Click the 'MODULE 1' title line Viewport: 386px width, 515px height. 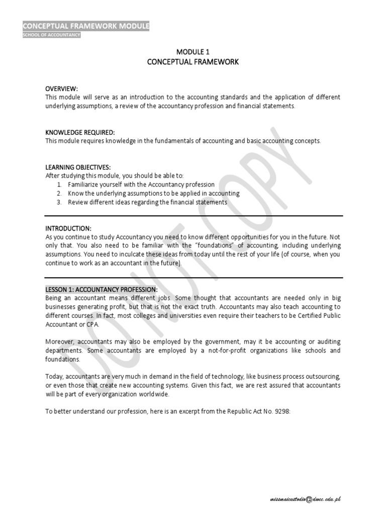coord(192,52)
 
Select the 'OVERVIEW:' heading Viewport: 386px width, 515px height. coord(62,89)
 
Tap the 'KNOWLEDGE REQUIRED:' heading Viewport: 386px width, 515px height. coord(80,132)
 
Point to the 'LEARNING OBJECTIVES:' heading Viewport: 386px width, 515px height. coord(78,167)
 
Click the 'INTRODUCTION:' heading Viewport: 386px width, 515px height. coord(68,228)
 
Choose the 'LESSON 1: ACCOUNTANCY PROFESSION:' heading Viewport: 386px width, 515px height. coord(102,290)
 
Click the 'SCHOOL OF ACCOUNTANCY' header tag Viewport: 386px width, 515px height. coord(51,35)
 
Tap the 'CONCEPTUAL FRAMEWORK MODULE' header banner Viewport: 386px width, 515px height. coord(86,26)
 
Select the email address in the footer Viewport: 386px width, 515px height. coord(305,499)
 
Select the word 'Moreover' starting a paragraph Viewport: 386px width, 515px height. coord(59,341)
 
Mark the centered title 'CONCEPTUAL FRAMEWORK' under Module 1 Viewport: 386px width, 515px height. coord(192,62)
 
